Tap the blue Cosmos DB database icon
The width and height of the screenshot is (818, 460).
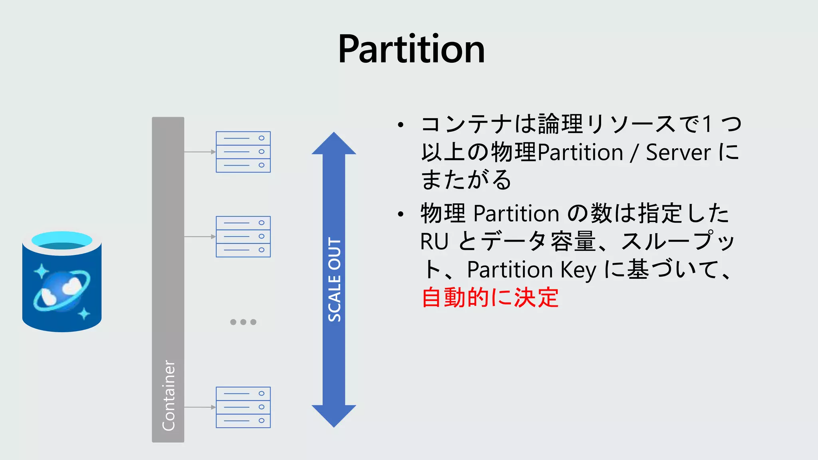[x=62, y=282]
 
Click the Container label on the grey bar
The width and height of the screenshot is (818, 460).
[x=168, y=395]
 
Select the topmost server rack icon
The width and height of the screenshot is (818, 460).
[x=243, y=152]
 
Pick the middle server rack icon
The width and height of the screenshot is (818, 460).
[x=243, y=236]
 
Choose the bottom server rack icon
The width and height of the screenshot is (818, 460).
[x=243, y=407]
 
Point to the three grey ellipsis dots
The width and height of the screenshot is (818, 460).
[x=243, y=322]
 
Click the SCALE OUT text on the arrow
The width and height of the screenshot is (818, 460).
[x=334, y=280]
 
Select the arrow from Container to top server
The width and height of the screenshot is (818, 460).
[x=200, y=152]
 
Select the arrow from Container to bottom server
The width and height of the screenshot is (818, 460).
[x=200, y=407]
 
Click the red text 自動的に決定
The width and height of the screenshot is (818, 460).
[x=490, y=297]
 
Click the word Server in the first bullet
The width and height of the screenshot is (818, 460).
[x=678, y=153]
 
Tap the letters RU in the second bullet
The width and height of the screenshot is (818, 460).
[x=434, y=242]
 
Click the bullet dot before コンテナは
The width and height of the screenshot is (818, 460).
[x=401, y=125]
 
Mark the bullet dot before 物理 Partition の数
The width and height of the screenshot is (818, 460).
[x=401, y=214]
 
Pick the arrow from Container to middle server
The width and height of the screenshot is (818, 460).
[x=200, y=236]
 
